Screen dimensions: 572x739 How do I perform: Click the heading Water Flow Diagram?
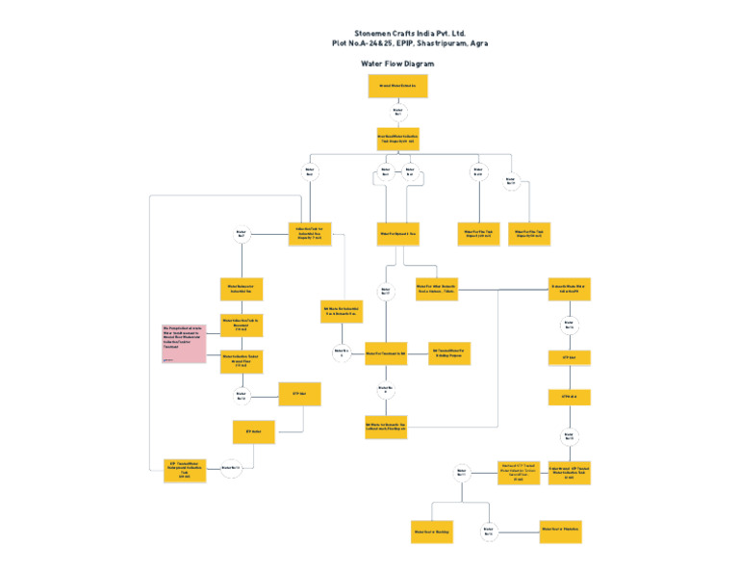pyautogui.click(x=396, y=64)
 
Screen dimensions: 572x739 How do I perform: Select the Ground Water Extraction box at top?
pyautogui.click(x=397, y=86)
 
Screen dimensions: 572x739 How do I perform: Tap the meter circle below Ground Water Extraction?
pyautogui.click(x=397, y=113)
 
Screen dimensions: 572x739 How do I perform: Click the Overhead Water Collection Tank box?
pyautogui.click(x=397, y=139)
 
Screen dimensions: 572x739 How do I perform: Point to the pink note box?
pyautogui.click(x=184, y=344)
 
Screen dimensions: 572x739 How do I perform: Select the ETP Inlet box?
pyautogui.click(x=299, y=393)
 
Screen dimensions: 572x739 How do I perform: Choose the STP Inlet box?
pyautogui.click(x=569, y=357)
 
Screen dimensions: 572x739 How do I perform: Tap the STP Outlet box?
pyautogui.click(x=569, y=396)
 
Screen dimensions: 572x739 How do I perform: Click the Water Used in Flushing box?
pyautogui.click(x=432, y=532)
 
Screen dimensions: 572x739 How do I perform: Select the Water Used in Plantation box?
pyautogui.click(x=560, y=530)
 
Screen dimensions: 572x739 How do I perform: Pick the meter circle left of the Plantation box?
pyautogui.click(x=489, y=532)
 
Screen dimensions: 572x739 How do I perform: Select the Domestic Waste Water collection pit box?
pyautogui.click(x=569, y=289)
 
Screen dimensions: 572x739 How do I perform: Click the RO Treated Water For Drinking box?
pyautogui.click(x=448, y=353)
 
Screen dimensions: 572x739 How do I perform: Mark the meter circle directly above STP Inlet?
pyautogui.click(x=569, y=325)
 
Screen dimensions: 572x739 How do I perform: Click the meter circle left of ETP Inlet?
pyautogui.click(x=241, y=395)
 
